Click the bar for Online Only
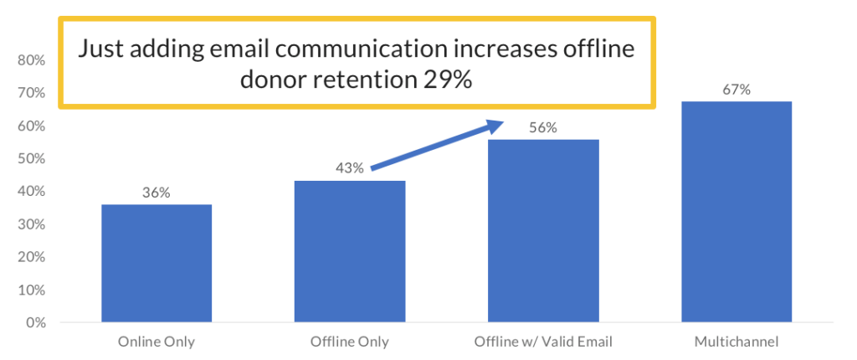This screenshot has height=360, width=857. pos(157,263)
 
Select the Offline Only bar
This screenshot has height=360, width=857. pos(350,251)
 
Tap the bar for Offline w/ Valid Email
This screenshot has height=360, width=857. pos(543,230)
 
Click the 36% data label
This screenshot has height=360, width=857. pos(157,193)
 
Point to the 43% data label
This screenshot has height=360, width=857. pos(350,168)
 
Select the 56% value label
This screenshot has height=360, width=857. pos(543,127)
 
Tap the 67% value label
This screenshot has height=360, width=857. pos(736,90)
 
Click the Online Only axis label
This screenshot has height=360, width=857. pos(157,342)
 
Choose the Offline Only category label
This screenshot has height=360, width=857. pos(350,342)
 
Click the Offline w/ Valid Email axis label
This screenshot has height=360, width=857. pos(543,342)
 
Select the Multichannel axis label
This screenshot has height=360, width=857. pos(736,342)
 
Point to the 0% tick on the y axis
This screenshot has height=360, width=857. pos(35,323)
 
